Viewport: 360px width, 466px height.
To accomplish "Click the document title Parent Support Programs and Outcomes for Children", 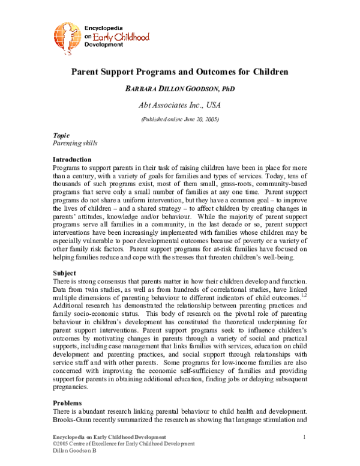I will pyautogui.click(x=180, y=71).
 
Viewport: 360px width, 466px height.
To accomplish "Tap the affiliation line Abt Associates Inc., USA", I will pyautogui.click(x=180, y=105).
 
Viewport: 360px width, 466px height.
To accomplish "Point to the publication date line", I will pyautogui.click(x=180, y=120).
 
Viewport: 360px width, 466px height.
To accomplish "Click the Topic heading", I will pyautogui.click(x=61, y=136).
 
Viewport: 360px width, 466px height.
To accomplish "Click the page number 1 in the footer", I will pyautogui.click(x=305, y=436).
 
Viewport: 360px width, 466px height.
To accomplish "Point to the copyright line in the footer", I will pyautogui.click(x=124, y=443).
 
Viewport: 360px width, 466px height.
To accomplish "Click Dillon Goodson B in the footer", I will pyautogui.click(x=75, y=450).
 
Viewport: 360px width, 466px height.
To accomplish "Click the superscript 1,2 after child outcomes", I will pyautogui.click(x=304, y=295).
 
